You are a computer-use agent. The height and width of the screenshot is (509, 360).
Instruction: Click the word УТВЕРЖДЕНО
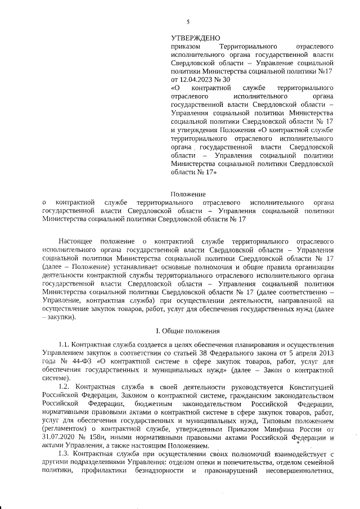[196, 37]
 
